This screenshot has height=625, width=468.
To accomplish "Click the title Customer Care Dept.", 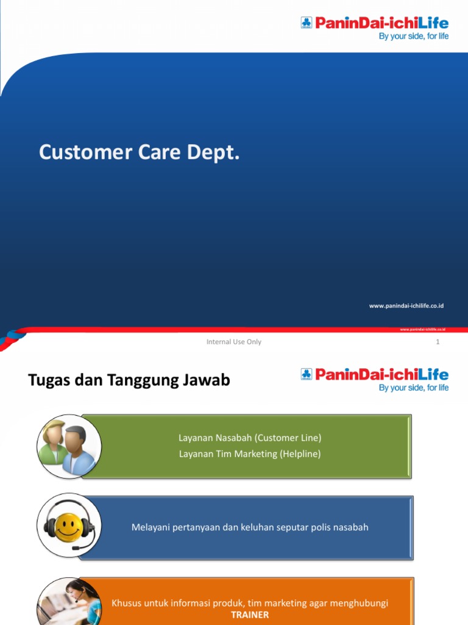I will pos(140,153).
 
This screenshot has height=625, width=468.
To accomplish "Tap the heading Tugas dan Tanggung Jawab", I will pos(129,380).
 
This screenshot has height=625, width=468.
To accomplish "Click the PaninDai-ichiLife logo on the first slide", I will pos(374,24).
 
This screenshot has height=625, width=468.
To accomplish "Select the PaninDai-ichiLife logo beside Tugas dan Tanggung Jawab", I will pos(374,374).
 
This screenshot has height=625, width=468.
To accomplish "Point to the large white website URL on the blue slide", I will pos(406,305).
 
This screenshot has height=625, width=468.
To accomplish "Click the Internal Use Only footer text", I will pos(234,342).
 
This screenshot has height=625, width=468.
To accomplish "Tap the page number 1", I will pos(438,342).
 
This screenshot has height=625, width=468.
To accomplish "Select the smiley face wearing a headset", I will pos(68,526).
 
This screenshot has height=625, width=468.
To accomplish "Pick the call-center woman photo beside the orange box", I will pos(70,601).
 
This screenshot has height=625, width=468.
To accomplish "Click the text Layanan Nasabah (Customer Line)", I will pos(250,438).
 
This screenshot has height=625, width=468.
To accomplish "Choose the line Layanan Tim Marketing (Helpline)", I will pos(250,453).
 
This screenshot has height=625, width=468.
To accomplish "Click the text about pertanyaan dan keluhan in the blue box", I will pos(250,527).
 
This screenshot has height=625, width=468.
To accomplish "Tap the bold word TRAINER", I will pos(250,615).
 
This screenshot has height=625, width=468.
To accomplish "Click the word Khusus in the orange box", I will pos(125,603).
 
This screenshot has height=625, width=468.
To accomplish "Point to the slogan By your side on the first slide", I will pos(414,37).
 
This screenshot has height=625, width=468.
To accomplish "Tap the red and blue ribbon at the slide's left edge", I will pos(12,338).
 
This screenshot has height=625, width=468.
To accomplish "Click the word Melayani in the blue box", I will pos(149,527).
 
